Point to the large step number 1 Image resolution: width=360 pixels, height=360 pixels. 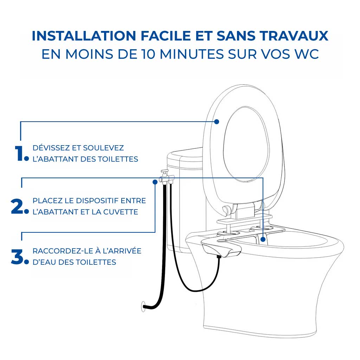click(18, 153)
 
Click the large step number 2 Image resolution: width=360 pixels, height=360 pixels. click(18, 206)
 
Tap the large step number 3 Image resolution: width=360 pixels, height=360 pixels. click(18, 257)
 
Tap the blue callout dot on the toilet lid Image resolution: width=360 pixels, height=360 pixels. click(217, 122)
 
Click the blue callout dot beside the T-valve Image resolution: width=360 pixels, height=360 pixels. click(155, 182)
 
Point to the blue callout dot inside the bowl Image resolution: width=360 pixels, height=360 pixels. click(263, 239)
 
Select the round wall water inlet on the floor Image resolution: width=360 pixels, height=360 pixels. click(143, 306)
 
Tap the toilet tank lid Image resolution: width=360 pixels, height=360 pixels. click(185, 155)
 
